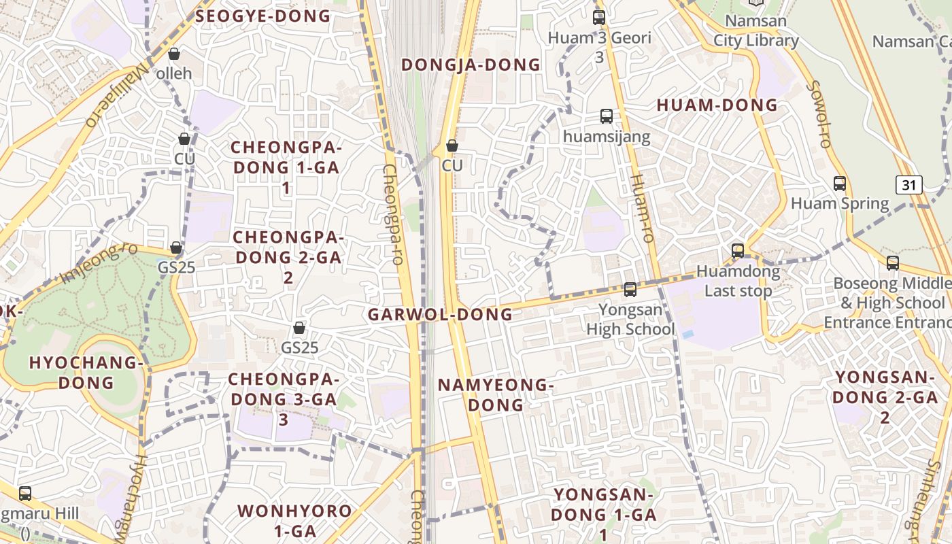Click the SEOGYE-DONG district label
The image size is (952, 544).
click(x=262, y=16)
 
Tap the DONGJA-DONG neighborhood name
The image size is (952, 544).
click(x=471, y=65)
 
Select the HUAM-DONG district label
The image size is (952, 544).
click(x=717, y=105)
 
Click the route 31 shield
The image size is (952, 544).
click(x=908, y=184)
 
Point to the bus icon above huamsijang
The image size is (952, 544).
click(x=606, y=116)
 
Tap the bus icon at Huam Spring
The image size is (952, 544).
click(x=840, y=183)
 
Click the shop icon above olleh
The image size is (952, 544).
click(x=174, y=53)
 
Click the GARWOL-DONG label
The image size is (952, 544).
click(x=440, y=314)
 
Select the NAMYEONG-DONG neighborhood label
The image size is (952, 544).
click(x=495, y=394)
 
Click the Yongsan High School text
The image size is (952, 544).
click(x=630, y=320)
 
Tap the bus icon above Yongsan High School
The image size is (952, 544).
click(x=630, y=290)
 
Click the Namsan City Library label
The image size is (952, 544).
click(x=755, y=31)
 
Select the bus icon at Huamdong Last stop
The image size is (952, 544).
click(x=738, y=250)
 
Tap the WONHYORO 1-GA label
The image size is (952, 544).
click(x=294, y=520)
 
